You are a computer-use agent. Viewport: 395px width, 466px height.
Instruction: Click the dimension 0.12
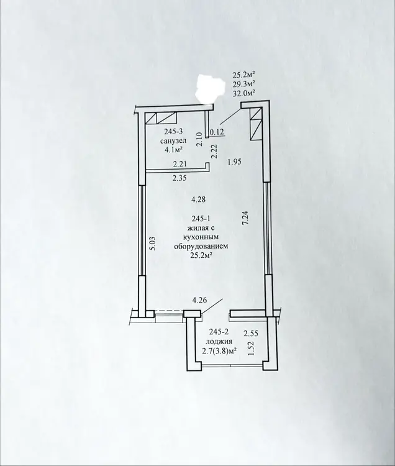tap(217, 132)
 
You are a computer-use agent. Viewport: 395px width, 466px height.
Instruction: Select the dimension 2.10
tap(200, 139)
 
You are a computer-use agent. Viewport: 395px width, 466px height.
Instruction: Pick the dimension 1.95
tap(235, 162)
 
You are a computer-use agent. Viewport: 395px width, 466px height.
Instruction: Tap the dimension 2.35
tap(179, 178)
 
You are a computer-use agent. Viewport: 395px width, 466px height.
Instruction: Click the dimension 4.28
tap(198, 199)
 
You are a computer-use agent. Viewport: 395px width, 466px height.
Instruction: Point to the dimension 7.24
tap(245, 219)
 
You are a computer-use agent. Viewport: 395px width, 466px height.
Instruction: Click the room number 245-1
tap(202, 219)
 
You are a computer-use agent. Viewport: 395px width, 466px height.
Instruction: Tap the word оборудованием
tap(201, 247)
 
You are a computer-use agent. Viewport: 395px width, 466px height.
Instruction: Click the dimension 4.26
tap(199, 300)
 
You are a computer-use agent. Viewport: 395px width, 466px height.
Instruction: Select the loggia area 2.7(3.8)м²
tap(219, 351)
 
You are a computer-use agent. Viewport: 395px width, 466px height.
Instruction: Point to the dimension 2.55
tap(251, 334)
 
